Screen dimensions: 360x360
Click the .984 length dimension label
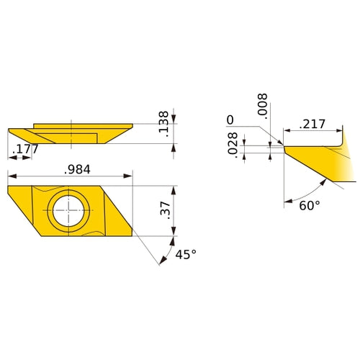click(77, 169)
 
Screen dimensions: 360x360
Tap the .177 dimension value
click(25, 149)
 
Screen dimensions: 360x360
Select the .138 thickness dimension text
click(164, 124)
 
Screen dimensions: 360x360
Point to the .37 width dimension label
click(165, 210)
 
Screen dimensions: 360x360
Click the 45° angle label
click(186, 254)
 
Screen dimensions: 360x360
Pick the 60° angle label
click(310, 206)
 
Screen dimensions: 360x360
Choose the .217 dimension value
click(312, 124)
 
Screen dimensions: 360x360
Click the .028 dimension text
click(233, 145)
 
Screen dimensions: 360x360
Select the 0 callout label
click(230, 120)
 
